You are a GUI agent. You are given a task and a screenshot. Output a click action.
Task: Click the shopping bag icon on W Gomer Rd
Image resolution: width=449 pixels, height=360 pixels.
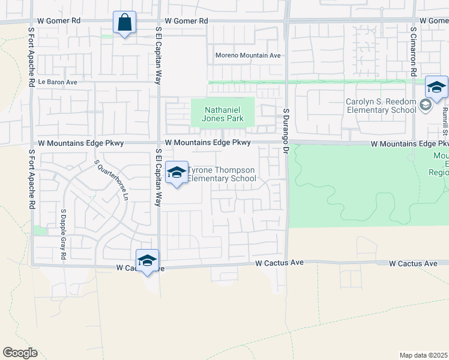click(124, 23)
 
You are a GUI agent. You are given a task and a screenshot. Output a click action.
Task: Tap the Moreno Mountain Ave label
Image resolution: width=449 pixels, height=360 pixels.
click(249, 56)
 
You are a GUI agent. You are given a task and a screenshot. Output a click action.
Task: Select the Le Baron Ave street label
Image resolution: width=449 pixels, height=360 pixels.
click(58, 82)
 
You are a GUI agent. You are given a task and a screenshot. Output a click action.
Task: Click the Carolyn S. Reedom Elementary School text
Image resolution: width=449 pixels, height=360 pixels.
click(381, 106)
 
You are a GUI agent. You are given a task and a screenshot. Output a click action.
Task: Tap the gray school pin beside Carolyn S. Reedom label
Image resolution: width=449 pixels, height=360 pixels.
click(426, 106)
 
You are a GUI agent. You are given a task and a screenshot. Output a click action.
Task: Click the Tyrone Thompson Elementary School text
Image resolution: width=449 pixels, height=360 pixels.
click(222, 174)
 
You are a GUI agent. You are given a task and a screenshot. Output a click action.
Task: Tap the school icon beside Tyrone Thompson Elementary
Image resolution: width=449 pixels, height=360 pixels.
click(176, 173)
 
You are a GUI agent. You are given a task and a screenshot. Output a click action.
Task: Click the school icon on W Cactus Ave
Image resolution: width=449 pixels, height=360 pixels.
click(147, 260)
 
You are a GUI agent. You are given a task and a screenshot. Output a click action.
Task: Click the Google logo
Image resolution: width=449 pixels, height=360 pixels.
click(20, 353)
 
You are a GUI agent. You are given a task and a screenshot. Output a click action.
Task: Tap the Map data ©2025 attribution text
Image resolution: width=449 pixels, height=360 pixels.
click(423, 355)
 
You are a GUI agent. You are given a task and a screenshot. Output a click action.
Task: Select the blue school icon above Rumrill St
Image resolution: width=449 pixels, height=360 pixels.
click(436, 88)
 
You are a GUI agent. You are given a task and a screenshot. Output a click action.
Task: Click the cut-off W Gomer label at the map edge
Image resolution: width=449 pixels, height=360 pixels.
click(434, 20)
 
